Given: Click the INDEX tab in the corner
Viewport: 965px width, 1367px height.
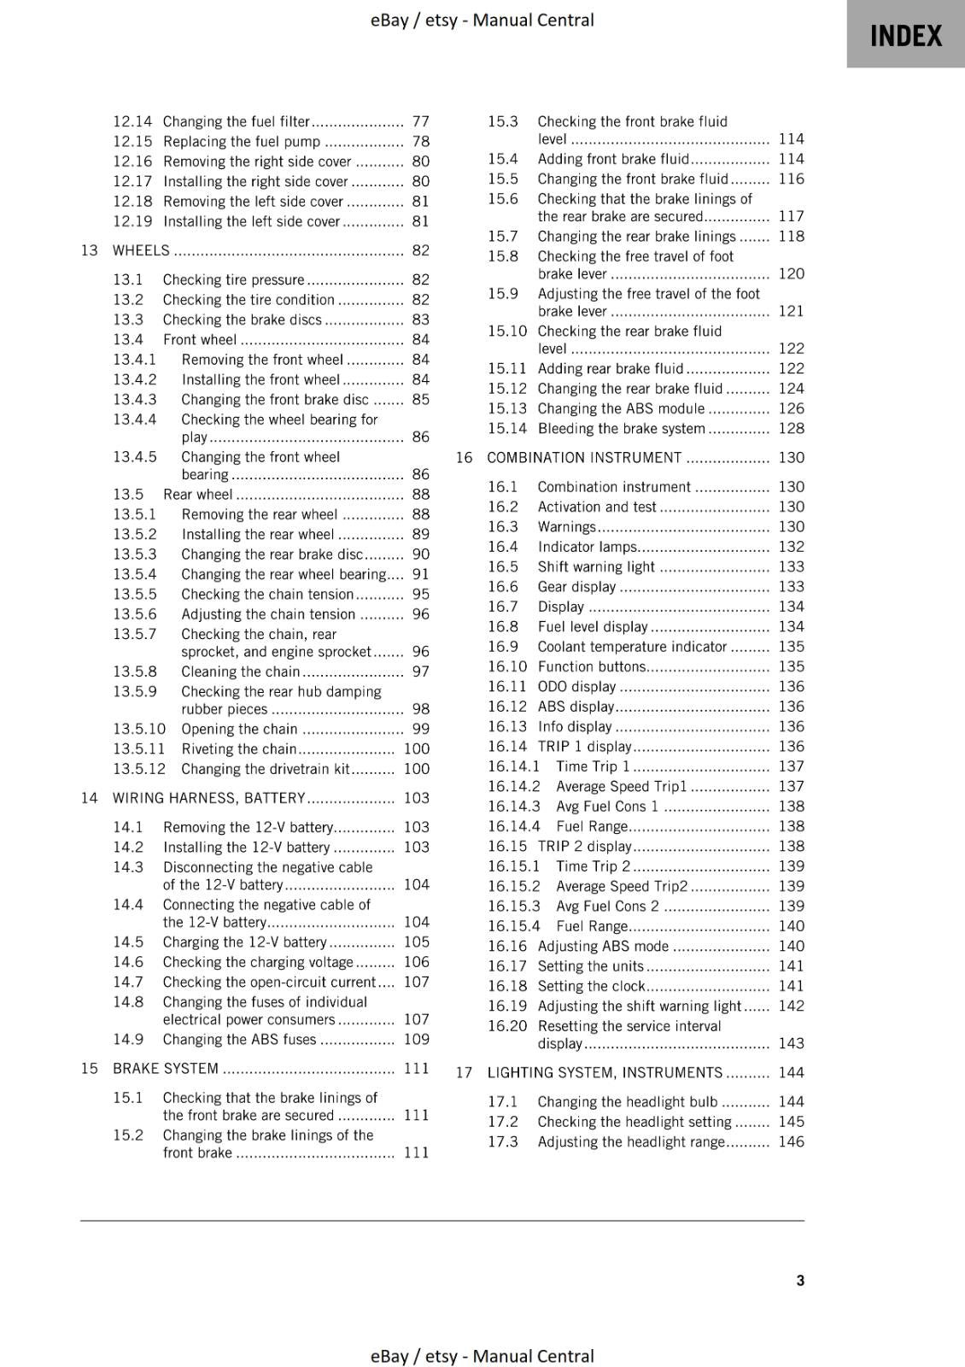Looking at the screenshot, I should click(x=905, y=35).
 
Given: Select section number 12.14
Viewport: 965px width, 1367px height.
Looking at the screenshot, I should click(x=132, y=121).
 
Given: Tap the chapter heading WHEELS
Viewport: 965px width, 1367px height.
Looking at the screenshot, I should click(x=141, y=250).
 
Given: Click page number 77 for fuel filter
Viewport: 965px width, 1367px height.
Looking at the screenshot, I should click(x=420, y=121).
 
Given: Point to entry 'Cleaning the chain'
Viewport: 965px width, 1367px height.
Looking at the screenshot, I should click(x=240, y=672).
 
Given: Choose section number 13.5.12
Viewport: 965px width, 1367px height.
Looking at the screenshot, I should click(x=139, y=769).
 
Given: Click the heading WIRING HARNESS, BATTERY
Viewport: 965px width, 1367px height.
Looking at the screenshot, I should click(x=208, y=798).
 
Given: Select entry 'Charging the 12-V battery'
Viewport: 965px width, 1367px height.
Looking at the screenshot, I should click(x=244, y=942).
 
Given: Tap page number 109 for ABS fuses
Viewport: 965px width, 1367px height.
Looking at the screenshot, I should click(x=416, y=1039).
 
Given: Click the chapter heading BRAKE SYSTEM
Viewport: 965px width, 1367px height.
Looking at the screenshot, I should click(x=166, y=1068).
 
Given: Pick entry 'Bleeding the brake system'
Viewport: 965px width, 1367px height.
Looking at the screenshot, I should click(x=621, y=428).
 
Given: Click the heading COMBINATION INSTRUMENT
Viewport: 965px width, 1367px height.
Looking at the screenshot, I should click(x=584, y=457).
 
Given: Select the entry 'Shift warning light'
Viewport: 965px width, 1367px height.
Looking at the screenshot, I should click(x=595, y=566).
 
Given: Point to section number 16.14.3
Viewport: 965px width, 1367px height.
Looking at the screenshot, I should click(x=514, y=806).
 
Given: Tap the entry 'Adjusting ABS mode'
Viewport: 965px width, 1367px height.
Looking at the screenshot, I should click(x=603, y=946).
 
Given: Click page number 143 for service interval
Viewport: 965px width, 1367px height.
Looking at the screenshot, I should click(x=791, y=1043).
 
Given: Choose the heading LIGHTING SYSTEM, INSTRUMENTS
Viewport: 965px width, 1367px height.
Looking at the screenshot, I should click(x=605, y=1072).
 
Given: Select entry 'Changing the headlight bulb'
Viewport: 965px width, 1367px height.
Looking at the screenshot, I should click(x=627, y=1101).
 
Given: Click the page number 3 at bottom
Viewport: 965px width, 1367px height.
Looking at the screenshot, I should click(x=800, y=1280).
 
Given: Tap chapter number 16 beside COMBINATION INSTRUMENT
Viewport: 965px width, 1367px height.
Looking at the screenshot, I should click(x=464, y=457).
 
